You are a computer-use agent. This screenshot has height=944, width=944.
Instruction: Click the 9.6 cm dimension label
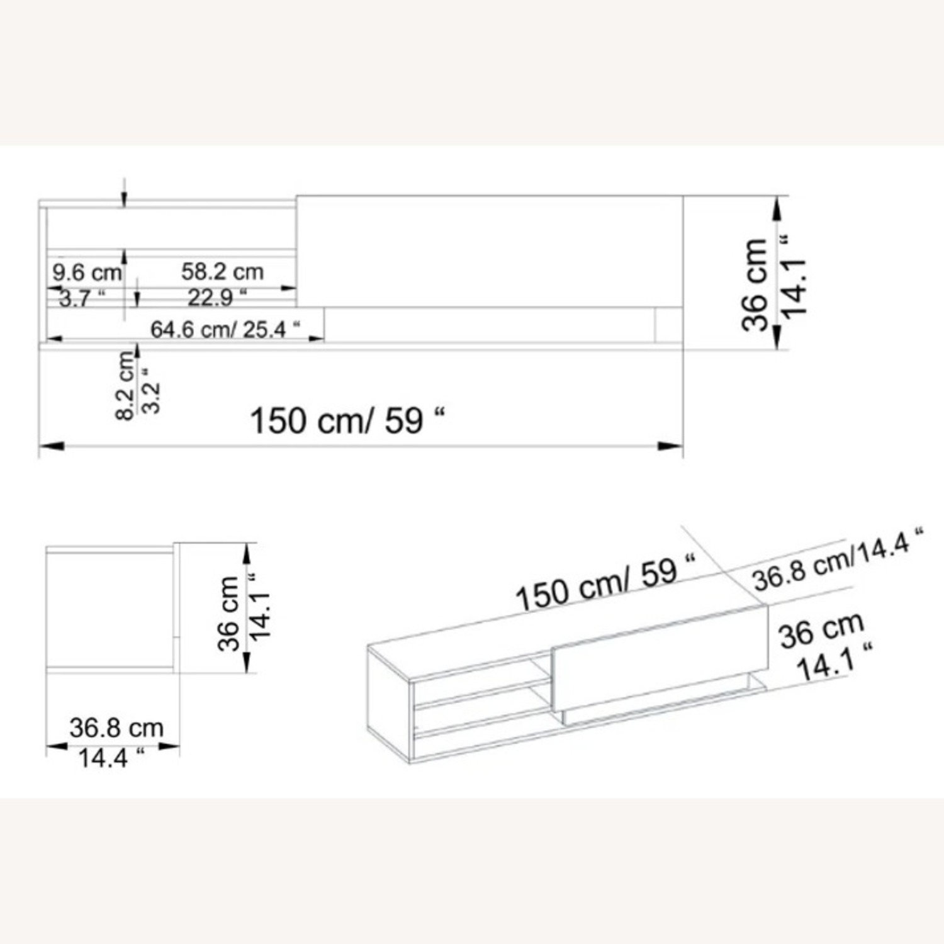point(87,273)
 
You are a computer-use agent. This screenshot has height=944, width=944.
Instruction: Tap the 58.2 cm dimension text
point(222,272)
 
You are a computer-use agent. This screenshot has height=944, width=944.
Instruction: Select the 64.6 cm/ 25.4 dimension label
point(225,329)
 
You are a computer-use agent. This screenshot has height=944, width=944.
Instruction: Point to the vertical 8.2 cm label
point(126,385)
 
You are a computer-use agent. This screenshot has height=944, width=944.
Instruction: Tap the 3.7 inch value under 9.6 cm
point(82,298)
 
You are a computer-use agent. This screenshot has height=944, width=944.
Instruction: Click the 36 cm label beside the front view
point(755,284)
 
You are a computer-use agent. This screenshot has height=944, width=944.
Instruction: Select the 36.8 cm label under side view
point(116,728)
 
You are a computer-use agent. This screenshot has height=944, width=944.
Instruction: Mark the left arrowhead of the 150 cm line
point(52,446)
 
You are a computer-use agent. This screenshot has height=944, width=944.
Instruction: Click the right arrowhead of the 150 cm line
point(671,446)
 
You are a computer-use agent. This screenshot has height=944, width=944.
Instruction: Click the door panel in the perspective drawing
point(661,661)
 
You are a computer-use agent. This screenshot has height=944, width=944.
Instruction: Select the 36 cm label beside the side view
point(229,613)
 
